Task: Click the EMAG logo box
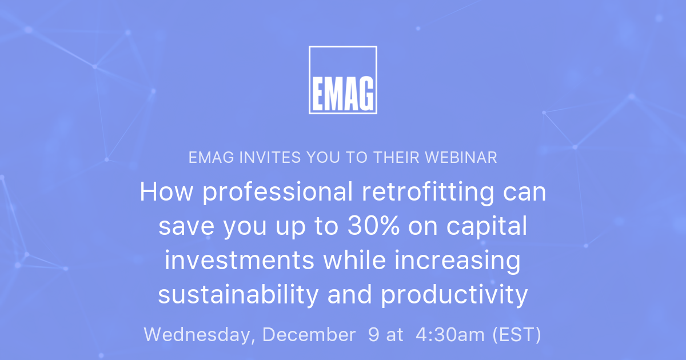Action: click(x=343, y=80)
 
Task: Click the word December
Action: click(x=309, y=335)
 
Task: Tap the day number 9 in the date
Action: click(x=373, y=335)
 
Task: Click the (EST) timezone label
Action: click(x=517, y=335)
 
